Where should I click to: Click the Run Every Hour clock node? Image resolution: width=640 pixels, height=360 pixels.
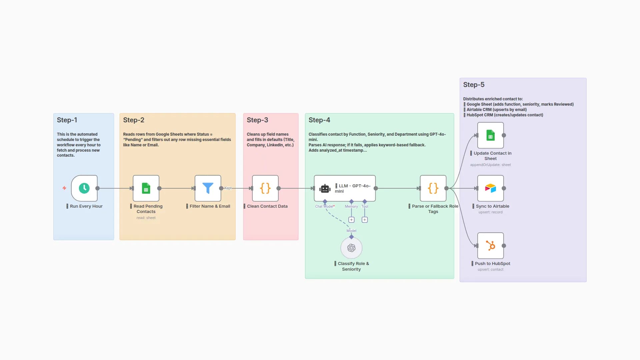pyautogui.click(x=84, y=188)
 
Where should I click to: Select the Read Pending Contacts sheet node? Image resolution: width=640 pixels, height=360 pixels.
pyautogui.click(x=146, y=188)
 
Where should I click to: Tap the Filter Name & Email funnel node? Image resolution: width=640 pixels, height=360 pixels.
pyautogui.click(x=208, y=188)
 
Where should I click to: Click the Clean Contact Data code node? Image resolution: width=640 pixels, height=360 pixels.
pyautogui.click(x=265, y=188)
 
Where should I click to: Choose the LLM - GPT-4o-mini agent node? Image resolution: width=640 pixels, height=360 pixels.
pyautogui.click(x=345, y=188)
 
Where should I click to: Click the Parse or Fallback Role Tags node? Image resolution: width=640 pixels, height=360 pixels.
pyautogui.click(x=433, y=188)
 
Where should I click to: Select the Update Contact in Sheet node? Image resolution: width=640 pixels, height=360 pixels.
pyautogui.click(x=490, y=135)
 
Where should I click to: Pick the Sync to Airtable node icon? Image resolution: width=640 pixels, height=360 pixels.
pyautogui.click(x=490, y=188)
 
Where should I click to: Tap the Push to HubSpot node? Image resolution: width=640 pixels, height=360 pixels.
pyautogui.click(x=490, y=246)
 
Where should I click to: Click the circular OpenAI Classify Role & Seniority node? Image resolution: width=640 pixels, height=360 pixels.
pyautogui.click(x=351, y=248)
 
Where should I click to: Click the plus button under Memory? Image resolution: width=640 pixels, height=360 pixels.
pyautogui.click(x=351, y=220)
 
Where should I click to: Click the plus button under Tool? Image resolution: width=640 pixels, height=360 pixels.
pyautogui.click(x=365, y=220)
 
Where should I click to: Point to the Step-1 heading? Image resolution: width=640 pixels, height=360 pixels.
pyautogui.click(x=67, y=120)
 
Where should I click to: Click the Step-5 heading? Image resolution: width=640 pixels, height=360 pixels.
pyautogui.click(x=474, y=85)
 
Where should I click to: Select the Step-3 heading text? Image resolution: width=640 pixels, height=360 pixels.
pyautogui.click(x=257, y=120)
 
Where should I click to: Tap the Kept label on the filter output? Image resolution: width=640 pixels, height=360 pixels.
pyautogui.click(x=228, y=188)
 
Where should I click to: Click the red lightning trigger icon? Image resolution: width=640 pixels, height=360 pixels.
pyautogui.click(x=64, y=188)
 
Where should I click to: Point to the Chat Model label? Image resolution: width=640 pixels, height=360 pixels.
pyautogui.click(x=324, y=206)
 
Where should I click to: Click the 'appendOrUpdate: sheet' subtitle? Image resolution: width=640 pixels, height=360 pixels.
pyautogui.click(x=490, y=165)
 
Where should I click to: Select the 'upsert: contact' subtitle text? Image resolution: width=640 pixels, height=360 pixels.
pyautogui.click(x=490, y=269)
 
